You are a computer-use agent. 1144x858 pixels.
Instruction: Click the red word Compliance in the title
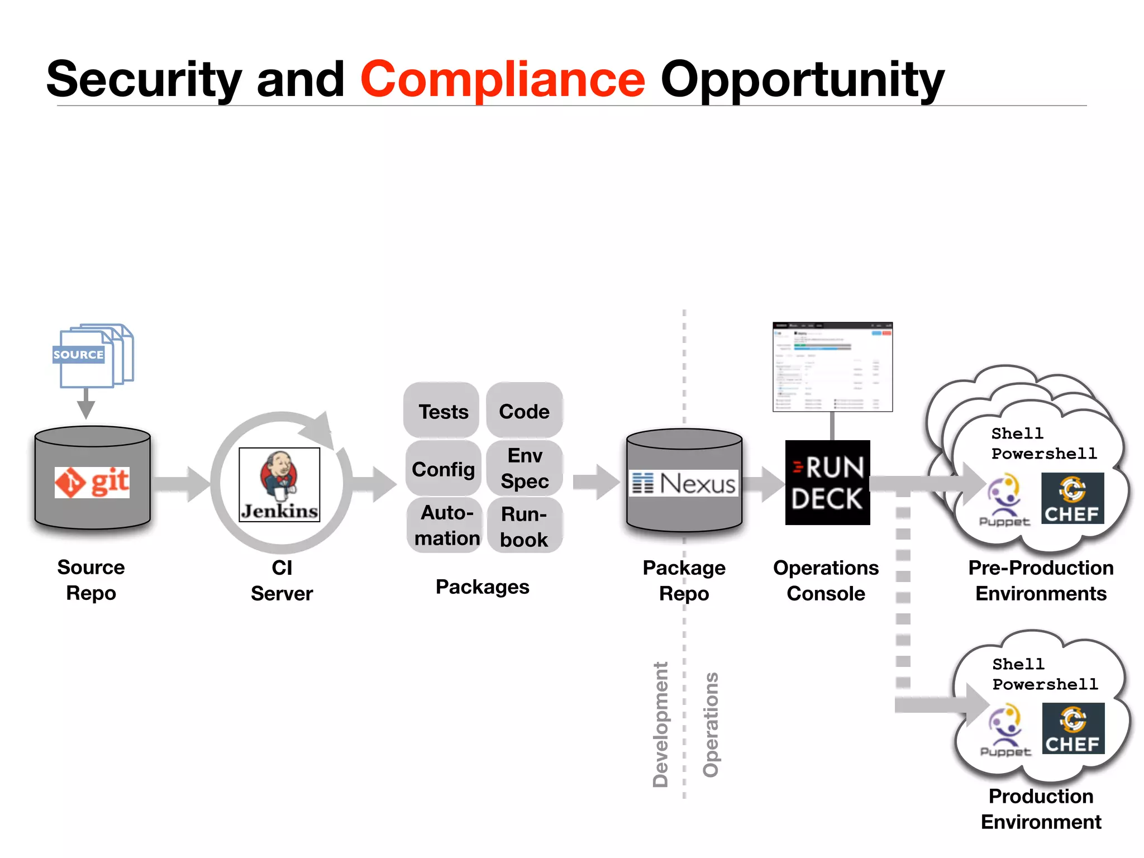(503, 79)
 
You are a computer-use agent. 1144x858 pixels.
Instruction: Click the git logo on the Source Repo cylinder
(92, 482)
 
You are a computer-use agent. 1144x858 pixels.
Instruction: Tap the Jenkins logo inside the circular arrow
(279, 484)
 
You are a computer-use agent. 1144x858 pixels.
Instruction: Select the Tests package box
(443, 411)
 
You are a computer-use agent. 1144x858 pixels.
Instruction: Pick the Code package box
(524, 411)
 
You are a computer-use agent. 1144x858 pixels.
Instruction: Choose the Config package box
(443, 469)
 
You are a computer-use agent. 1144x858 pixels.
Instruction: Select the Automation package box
(446, 525)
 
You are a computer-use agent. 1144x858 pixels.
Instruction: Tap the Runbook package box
(524, 526)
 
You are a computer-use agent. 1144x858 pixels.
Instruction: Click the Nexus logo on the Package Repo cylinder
(684, 483)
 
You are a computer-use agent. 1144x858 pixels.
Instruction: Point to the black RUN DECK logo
(827, 483)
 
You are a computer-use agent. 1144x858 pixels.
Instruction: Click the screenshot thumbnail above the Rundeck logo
(832, 367)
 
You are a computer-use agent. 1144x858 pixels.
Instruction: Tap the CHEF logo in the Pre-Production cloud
(1072, 498)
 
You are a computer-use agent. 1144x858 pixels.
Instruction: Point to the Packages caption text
(482, 587)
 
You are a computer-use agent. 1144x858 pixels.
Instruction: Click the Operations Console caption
(826, 580)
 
